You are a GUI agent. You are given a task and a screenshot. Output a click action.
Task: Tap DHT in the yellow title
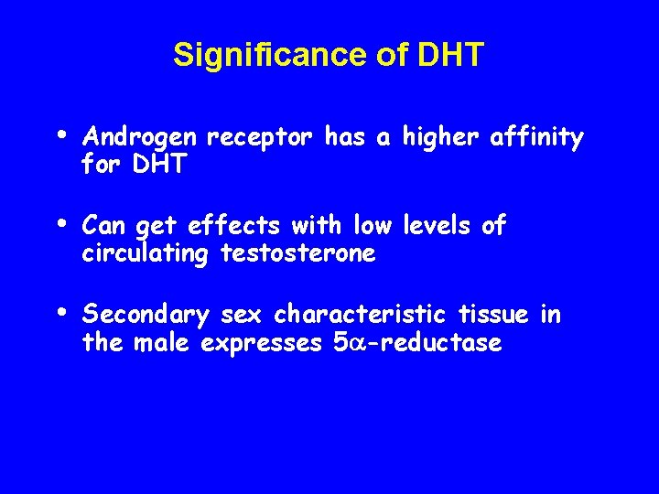(449, 56)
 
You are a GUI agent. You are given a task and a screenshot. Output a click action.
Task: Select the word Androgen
(138, 138)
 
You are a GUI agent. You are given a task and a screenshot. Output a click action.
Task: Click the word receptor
(262, 138)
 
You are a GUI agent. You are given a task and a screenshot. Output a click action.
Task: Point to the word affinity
(536, 137)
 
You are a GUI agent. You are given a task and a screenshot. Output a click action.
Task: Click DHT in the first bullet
(161, 165)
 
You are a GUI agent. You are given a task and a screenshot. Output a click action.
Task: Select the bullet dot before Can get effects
(60, 220)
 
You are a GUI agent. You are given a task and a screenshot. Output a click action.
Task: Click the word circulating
(146, 253)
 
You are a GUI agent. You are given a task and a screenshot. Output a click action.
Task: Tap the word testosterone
(298, 253)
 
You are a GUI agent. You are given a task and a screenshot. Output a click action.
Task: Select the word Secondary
(146, 316)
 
